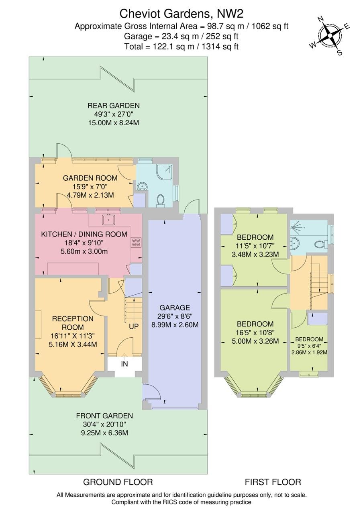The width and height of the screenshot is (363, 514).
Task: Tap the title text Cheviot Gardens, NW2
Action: pyautogui.click(x=181, y=14)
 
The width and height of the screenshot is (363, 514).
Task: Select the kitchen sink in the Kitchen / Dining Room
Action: pyautogui.click(x=108, y=220)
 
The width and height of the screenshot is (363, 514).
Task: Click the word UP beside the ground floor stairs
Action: pyautogui.click(x=134, y=326)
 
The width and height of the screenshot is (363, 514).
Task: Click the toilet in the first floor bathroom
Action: pyautogui.click(x=320, y=244)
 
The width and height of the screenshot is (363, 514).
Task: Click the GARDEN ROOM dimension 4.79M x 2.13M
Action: pyautogui.click(x=90, y=195)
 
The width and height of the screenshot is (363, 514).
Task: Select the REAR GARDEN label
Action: pyautogui.click(x=114, y=106)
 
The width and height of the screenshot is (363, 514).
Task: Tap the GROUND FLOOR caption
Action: pyautogui.click(x=118, y=482)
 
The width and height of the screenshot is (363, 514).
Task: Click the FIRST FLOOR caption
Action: pyautogui.click(x=273, y=482)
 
